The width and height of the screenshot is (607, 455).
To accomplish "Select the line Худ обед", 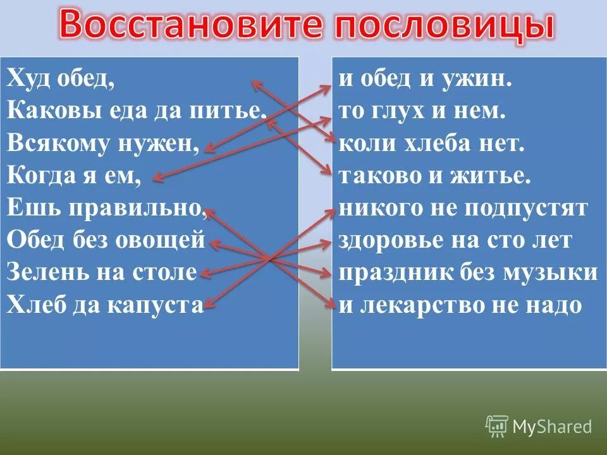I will pos(61,79).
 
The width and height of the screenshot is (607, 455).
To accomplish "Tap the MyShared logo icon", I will pos(497,427).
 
